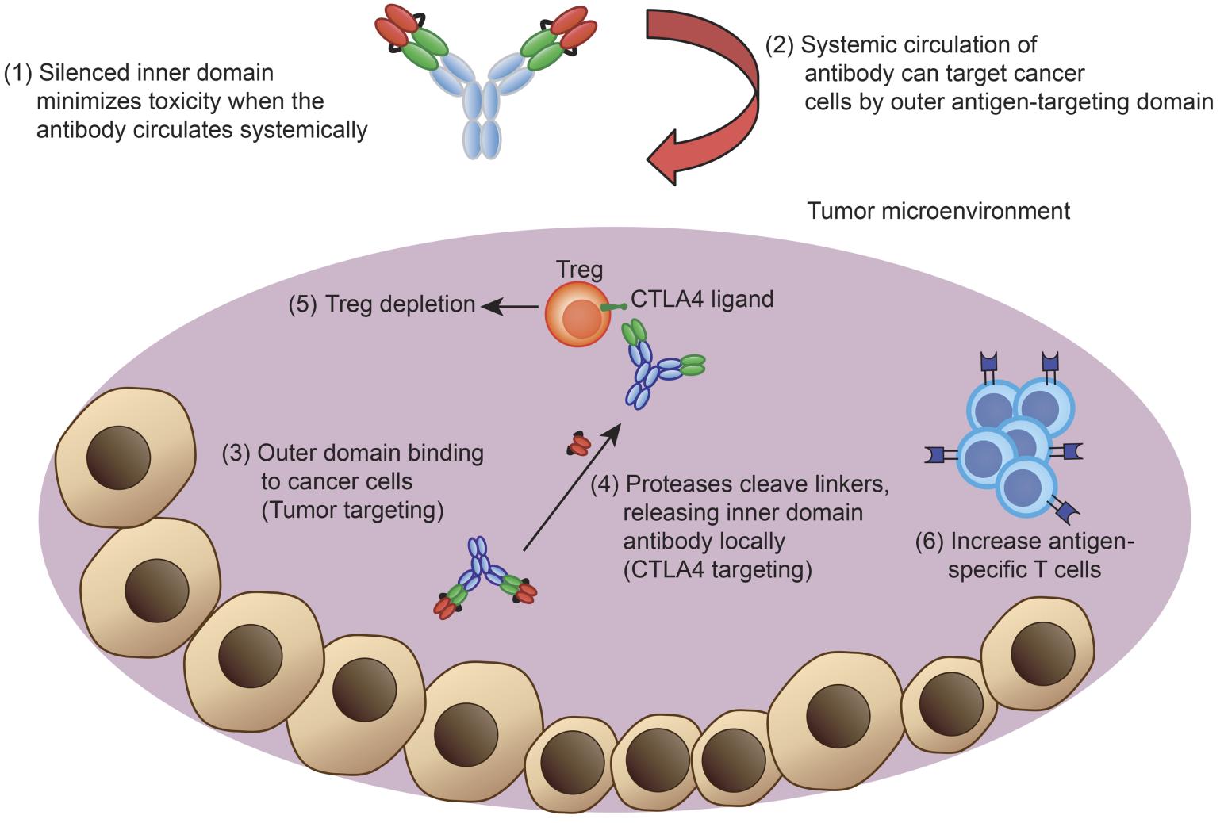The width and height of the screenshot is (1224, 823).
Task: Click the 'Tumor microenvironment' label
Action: [x=938, y=211]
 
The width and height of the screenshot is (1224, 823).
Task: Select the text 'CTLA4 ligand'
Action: [x=701, y=299]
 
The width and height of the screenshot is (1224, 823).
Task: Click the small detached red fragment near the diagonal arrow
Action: [x=577, y=445]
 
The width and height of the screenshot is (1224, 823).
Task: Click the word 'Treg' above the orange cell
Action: [x=580, y=270]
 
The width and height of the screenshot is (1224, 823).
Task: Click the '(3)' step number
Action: [x=236, y=453]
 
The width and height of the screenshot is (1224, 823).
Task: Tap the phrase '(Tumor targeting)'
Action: [x=351, y=510]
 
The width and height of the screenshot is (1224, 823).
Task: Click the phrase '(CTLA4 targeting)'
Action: [x=717, y=570]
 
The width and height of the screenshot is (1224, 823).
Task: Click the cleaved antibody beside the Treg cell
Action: [x=655, y=364]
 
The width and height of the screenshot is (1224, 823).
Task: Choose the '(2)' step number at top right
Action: [x=779, y=44]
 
